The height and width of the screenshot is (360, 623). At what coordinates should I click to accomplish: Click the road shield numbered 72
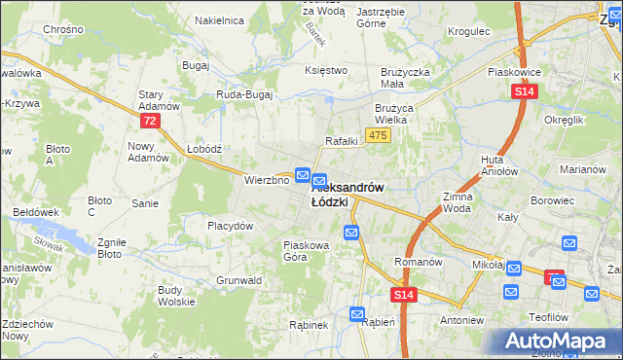click(149, 120)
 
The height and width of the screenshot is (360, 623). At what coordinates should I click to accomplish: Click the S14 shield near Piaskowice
click(524, 91)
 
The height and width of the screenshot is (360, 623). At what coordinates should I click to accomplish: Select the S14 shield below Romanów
click(404, 294)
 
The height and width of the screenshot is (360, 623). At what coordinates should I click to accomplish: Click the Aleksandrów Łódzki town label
click(350, 194)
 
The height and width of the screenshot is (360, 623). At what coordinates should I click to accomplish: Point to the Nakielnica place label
click(218, 19)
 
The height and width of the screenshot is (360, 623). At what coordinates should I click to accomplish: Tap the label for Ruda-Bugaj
click(244, 95)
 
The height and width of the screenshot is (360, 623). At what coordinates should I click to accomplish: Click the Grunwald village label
click(239, 280)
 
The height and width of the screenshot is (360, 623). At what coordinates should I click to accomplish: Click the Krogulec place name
click(468, 31)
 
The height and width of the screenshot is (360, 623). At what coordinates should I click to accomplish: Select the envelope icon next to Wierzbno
click(303, 176)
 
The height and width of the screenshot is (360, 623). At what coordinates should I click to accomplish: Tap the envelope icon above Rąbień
click(357, 314)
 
